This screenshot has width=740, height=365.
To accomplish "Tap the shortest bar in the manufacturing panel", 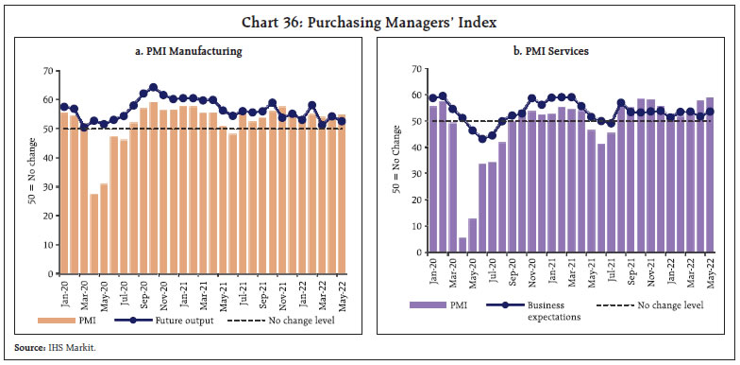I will (x=94, y=224).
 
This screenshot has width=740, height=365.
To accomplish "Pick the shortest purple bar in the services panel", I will (x=436, y=246).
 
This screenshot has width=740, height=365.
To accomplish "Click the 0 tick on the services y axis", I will (x=413, y=253).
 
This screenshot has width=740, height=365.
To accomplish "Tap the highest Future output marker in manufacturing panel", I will (x=154, y=87).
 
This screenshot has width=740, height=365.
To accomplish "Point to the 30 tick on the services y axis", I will (x=412, y=174).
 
